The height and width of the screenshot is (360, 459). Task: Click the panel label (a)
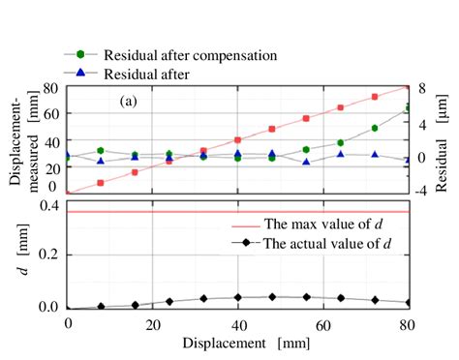coord(133,100)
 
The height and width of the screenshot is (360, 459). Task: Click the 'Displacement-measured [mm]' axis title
coord(21,139)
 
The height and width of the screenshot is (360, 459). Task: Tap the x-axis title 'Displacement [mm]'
coord(237,343)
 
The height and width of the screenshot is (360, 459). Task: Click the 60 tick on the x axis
coord(322,322)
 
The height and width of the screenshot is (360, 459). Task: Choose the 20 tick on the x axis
coord(152,322)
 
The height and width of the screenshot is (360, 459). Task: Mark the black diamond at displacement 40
coord(237,297)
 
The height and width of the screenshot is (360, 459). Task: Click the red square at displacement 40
coord(237,140)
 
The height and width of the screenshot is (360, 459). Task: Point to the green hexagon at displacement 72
coord(374,128)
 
